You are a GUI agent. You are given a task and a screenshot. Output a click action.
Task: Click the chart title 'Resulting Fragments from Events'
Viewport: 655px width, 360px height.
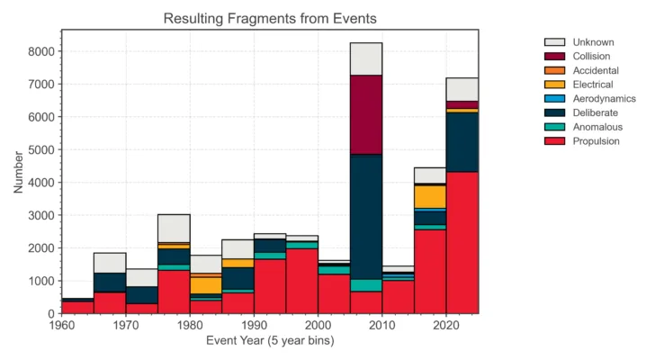(269, 18)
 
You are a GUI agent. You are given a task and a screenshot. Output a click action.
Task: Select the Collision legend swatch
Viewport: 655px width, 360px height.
(554, 57)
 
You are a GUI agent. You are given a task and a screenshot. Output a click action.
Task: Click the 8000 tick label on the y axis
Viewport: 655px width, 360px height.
(39, 51)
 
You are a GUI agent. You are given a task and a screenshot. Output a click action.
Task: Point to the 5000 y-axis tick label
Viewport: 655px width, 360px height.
(39, 149)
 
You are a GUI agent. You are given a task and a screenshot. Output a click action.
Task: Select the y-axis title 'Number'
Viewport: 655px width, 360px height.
(19, 171)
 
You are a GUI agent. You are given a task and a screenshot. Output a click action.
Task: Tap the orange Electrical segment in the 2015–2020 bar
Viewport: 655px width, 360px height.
(430, 196)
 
